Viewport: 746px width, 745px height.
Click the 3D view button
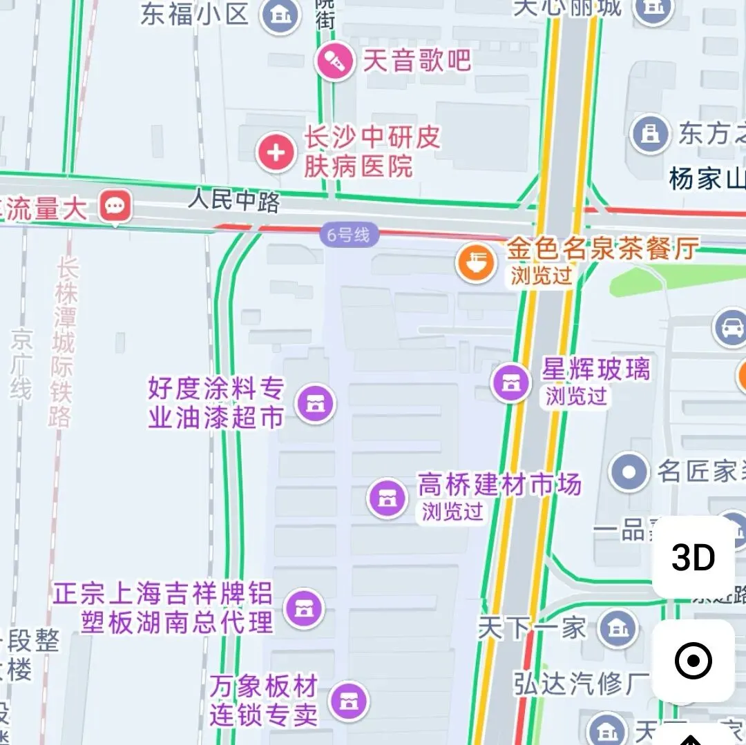[x=693, y=557]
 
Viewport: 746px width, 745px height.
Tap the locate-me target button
[x=693, y=661]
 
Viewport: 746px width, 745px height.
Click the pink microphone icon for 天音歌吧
[x=335, y=61]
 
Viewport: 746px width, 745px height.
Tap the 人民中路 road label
[x=234, y=202]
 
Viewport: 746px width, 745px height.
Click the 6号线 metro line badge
[x=349, y=235]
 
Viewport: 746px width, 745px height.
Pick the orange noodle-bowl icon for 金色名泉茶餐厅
[x=476, y=262]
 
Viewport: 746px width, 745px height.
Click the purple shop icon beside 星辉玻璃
[x=511, y=383]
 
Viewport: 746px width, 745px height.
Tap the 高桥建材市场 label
[x=499, y=485]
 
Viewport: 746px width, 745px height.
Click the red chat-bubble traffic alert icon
[x=115, y=206]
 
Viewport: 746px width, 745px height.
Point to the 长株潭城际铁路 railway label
[x=63, y=342]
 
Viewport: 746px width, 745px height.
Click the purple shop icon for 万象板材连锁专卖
[x=349, y=701]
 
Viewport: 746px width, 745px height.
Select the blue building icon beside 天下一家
[x=618, y=628]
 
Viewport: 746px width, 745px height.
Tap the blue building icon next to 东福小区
[x=280, y=14]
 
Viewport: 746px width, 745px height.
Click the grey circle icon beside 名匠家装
[x=629, y=472]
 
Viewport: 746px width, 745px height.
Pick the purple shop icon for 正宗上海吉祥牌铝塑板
[x=303, y=608]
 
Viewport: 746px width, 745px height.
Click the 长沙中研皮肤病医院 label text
[x=372, y=152]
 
